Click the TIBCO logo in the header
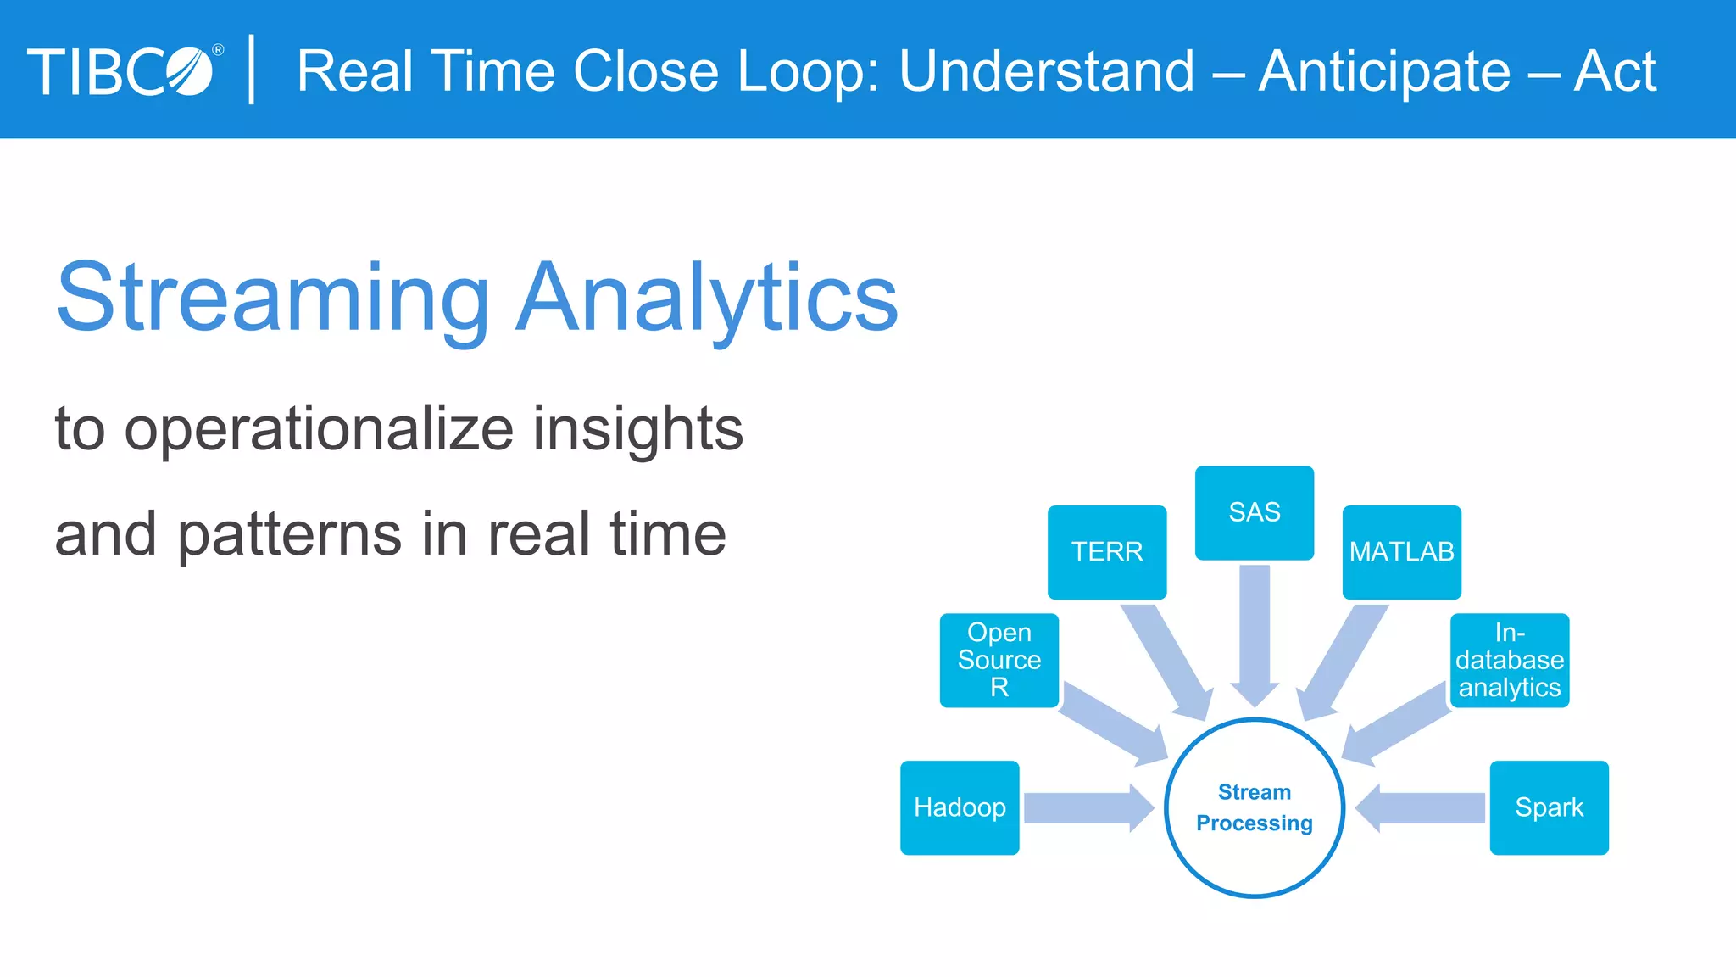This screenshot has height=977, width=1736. pyautogui.click(x=123, y=71)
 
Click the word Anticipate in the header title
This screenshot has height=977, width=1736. pyautogui.click(x=1384, y=71)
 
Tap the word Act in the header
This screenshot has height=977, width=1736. pyautogui.click(x=1615, y=71)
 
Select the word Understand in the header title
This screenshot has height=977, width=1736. pyautogui.click(x=1047, y=71)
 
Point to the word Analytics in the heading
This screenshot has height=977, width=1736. pyautogui.click(x=707, y=299)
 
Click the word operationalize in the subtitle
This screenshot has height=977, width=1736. pyautogui.click(x=320, y=429)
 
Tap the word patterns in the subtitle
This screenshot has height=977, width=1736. pyautogui.click(x=289, y=535)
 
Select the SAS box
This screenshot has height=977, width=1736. pyautogui.click(x=1255, y=512)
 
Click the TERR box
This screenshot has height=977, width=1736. pyautogui.click(x=1107, y=552)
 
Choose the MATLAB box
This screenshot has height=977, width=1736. pyautogui.click(x=1401, y=552)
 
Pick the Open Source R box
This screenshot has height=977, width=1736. pyautogui.click(x=999, y=660)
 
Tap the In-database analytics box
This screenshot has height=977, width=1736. pyautogui.click(x=1510, y=660)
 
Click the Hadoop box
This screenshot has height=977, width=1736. pyautogui.click(x=960, y=807)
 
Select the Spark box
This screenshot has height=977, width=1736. pyautogui.click(x=1549, y=807)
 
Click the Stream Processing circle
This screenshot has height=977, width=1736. pyautogui.click(x=1255, y=807)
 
